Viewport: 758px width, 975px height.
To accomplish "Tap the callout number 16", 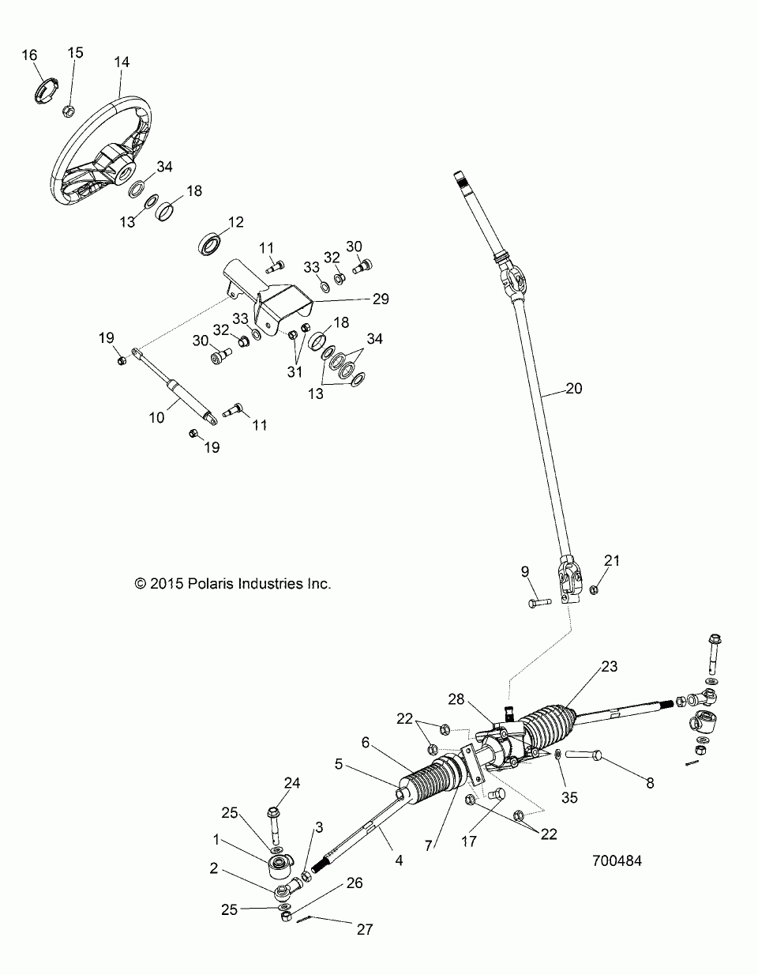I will click(x=29, y=55).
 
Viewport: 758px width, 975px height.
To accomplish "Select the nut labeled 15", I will click(x=68, y=110).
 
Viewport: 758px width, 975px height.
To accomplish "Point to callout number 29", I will click(x=381, y=299).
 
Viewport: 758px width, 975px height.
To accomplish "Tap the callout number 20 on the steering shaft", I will click(x=574, y=389).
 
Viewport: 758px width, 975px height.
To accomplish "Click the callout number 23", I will click(x=608, y=665).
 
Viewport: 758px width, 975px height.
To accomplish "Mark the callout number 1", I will click(x=216, y=838).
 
